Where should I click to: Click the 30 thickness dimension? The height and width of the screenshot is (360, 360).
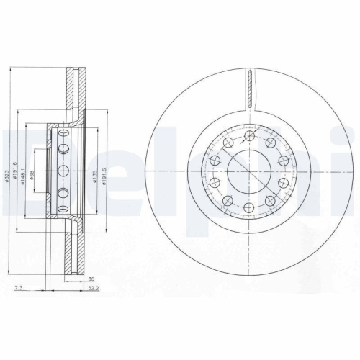(91, 279)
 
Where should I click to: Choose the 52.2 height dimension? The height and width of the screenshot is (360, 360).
(92, 288)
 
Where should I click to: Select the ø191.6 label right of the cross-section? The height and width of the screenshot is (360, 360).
(105, 173)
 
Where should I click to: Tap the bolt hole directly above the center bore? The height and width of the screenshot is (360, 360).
(248, 135)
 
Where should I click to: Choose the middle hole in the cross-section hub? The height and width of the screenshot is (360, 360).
(62, 171)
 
